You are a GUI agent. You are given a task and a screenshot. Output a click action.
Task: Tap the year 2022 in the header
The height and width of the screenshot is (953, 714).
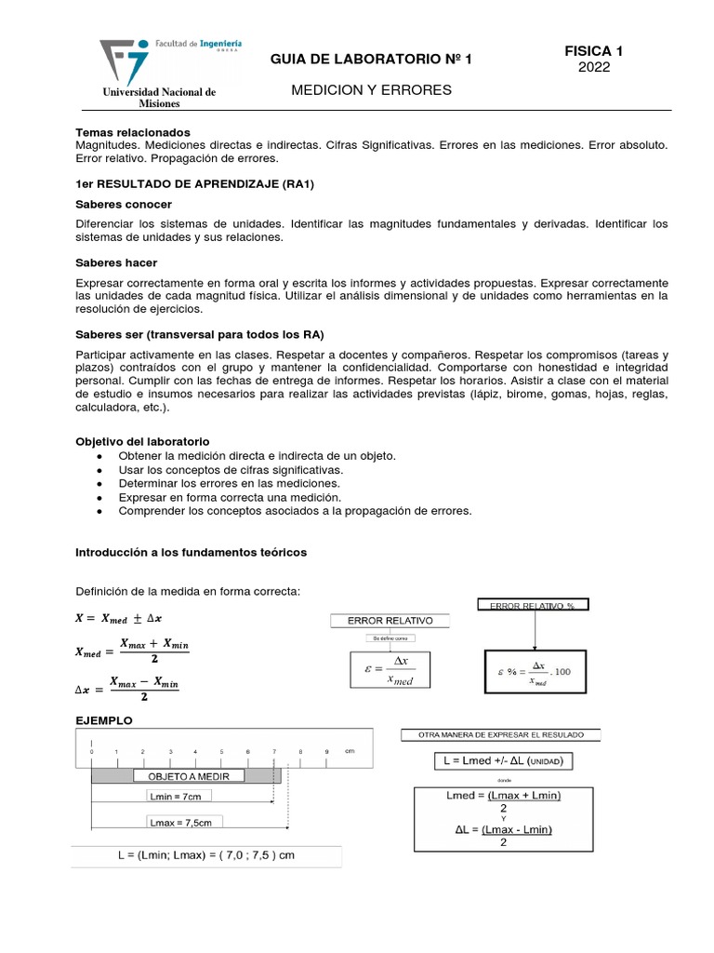pyautogui.click(x=593, y=67)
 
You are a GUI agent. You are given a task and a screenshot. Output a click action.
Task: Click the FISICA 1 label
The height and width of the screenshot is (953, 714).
pyautogui.click(x=593, y=51)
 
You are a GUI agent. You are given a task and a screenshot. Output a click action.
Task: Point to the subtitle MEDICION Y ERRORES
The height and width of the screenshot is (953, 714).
pyautogui.click(x=371, y=90)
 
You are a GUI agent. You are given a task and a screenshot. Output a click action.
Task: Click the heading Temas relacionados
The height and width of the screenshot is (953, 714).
pyautogui.click(x=132, y=132)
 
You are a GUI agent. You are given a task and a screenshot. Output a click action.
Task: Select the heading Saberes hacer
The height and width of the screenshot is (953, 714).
pyautogui.click(x=116, y=263)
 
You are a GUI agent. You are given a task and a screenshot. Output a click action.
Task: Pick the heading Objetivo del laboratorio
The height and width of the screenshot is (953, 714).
pyautogui.click(x=142, y=440)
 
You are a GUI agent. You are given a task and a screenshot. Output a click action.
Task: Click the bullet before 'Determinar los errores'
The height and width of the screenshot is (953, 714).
pyautogui.click(x=99, y=483)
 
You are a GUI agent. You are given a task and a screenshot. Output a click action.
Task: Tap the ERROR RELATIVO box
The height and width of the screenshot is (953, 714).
pyautogui.click(x=390, y=621)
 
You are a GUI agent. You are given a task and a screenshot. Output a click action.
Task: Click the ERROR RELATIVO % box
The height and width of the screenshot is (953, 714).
pyautogui.click(x=533, y=606)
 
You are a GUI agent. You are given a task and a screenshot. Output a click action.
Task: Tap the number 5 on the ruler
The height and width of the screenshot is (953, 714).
pyautogui.click(x=221, y=750)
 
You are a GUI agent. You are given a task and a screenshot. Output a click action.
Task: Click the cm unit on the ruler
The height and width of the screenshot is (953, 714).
pyautogui.click(x=350, y=750)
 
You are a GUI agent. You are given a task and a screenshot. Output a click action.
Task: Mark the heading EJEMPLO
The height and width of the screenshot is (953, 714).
pyautogui.click(x=104, y=720)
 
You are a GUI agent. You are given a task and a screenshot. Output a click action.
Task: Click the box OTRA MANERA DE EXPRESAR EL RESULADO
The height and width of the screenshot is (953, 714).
pyautogui.click(x=500, y=734)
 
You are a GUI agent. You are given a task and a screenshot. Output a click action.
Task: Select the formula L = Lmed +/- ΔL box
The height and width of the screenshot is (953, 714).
pyautogui.click(x=503, y=761)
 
